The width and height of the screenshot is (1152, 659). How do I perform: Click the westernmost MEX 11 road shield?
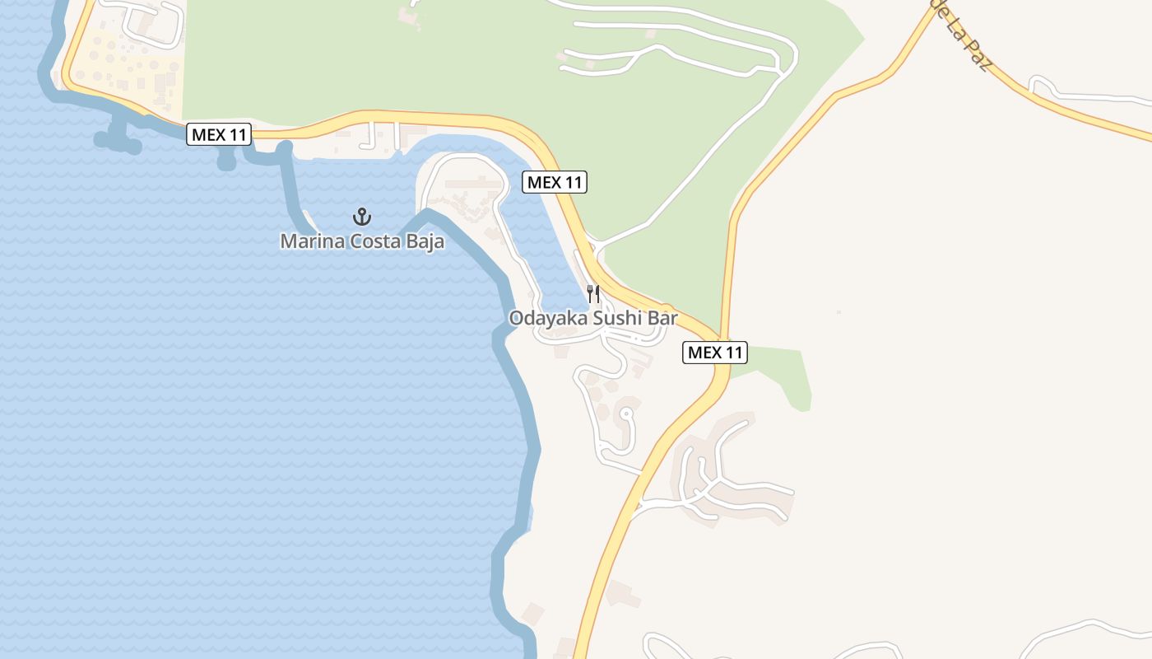point(219,134)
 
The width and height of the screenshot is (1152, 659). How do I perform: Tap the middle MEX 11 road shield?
point(555,182)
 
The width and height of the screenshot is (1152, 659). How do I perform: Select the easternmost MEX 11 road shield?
point(715,353)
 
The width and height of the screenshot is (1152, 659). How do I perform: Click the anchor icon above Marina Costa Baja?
point(362,217)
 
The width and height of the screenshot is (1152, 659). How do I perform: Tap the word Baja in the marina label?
point(426,241)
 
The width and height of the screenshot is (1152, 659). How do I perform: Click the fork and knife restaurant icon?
point(593,293)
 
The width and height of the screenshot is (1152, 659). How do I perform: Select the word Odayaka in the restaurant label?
point(546,318)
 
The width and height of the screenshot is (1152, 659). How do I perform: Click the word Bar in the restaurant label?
point(663,318)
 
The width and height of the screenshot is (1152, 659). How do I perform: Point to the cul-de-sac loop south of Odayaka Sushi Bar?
point(627,416)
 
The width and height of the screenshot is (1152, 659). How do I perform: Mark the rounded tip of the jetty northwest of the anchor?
point(285,149)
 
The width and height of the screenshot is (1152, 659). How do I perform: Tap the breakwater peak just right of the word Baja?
point(427,215)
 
